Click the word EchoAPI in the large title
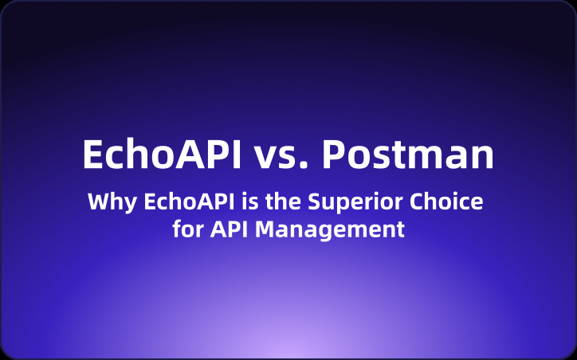162,155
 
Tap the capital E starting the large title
93,155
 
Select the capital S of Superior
306,202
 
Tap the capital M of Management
262,230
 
